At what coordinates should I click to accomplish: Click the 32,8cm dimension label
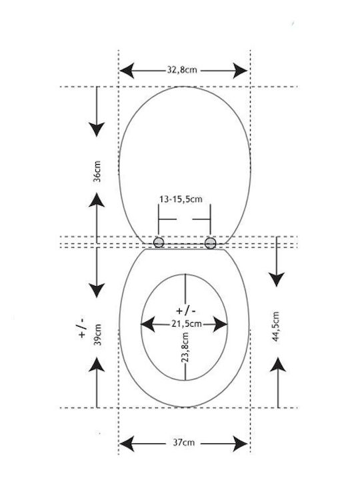tap(182, 70)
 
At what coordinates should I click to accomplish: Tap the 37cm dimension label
tap(184, 443)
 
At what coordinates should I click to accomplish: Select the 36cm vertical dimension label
tap(97, 171)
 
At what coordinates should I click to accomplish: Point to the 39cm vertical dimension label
tap(97, 335)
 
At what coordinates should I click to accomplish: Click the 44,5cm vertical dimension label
tap(276, 327)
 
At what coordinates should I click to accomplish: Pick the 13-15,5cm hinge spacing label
tap(181, 199)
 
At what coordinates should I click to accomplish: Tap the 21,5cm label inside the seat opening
tap(187, 324)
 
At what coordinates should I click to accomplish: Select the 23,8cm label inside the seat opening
tap(185, 348)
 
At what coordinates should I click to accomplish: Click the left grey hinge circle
tap(159, 243)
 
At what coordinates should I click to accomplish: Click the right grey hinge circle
tap(210, 243)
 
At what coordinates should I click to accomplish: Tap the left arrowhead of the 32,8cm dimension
tap(127, 71)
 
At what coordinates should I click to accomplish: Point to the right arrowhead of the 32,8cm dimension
tap(240, 71)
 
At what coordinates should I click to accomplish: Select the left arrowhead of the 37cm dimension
tap(127, 443)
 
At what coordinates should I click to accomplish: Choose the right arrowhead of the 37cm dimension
tap(240, 443)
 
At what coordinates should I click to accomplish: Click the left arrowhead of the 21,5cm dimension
tap(147, 324)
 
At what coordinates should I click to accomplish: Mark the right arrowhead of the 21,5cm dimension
tap(221, 324)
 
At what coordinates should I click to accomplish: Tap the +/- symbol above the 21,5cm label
tap(186, 311)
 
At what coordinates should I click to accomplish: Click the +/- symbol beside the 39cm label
tap(82, 328)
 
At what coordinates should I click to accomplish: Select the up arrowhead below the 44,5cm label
tap(278, 365)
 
